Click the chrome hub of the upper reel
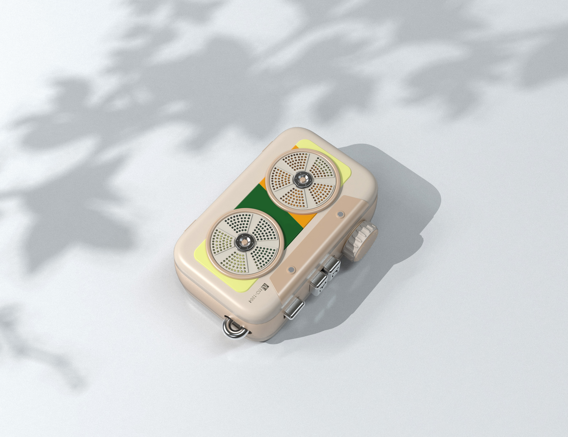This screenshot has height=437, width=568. pyautogui.click(x=302, y=179)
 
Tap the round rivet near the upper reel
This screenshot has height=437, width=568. pyautogui.click(x=340, y=214)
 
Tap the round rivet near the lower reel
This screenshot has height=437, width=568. pyautogui.click(x=291, y=269)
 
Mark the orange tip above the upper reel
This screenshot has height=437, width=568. pyautogui.click(x=294, y=147)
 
